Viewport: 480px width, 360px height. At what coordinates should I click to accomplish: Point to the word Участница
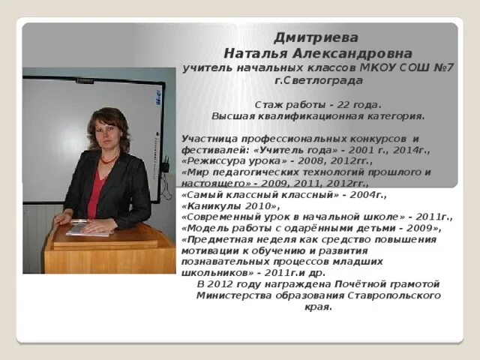pyautogui.click(x=209, y=139)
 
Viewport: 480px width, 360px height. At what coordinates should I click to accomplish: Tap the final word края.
pyautogui.click(x=319, y=307)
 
